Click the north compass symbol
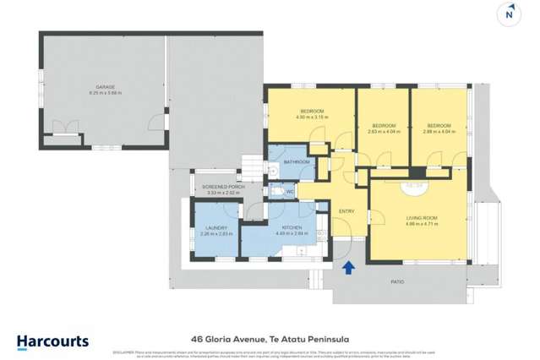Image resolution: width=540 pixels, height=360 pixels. [510, 13]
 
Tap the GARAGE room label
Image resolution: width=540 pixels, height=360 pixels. [104, 86]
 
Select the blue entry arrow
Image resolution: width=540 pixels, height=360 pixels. [348, 268]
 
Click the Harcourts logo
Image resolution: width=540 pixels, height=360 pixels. [52, 341]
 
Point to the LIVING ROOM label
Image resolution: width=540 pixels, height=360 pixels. [420, 218]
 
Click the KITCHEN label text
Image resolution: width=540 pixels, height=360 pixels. [293, 228]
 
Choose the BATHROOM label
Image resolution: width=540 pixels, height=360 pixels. [297, 161]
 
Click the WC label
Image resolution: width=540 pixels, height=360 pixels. [289, 192]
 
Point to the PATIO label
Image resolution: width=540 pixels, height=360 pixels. [397, 281]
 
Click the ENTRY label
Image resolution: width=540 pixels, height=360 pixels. [346, 211]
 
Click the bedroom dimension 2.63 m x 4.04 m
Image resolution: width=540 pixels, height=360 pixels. [384, 132]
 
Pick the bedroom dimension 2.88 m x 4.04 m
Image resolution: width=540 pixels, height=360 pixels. [439, 132]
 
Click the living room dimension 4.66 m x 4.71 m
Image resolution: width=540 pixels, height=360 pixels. [420, 225]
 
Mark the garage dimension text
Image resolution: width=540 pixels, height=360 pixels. [104, 92]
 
